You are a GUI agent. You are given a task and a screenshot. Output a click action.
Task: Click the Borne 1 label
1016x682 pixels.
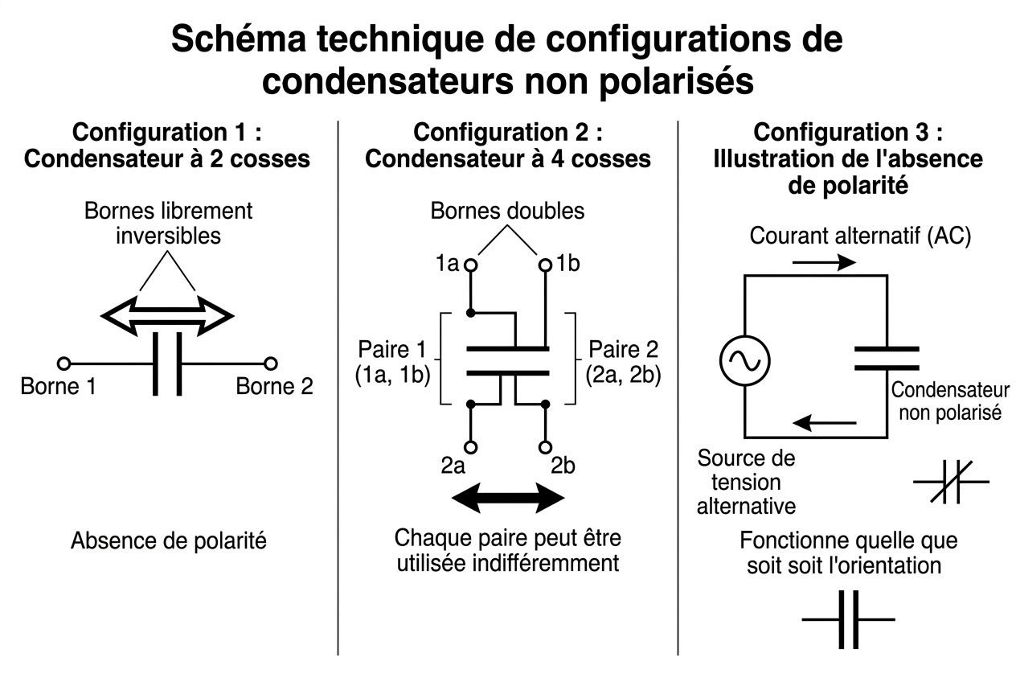pyautogui.click(x=58, y=387)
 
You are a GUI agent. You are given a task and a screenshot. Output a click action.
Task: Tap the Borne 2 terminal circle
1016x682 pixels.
pyautogui.click(x=271, y=363)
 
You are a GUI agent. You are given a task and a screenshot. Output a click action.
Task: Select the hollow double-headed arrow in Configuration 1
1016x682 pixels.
pyautogui.click(x=167, y=315)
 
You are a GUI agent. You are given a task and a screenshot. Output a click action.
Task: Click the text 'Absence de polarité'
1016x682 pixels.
pyautogui.click(x=168, y=541)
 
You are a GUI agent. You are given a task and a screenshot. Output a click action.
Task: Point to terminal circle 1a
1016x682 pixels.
pyautogui.click(x=471, y=264)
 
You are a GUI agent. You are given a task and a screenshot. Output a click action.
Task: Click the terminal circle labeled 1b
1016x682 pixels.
pyautogui.click(x=545, y=264)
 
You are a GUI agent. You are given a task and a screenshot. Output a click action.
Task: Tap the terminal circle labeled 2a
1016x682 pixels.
pyautogui.click(x=471, y=446)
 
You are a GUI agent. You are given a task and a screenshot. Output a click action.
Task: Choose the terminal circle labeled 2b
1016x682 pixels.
pyautogui.click(x=545, y=446)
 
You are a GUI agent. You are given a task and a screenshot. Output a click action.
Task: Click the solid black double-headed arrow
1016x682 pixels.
pyautogui.click(x=508, y=498)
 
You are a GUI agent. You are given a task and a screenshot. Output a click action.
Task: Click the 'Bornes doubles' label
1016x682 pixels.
pyautogui.click(x=507, y=212)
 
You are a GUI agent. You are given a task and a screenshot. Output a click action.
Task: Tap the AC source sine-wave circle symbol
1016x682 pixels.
pyautogui.click(x=744, y=359)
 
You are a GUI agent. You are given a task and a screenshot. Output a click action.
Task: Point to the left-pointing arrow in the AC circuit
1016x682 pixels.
pyautogui.click(x=825, y=421)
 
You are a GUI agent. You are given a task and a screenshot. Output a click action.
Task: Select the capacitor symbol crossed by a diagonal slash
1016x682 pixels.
pyautogui.click(x=952, y=482)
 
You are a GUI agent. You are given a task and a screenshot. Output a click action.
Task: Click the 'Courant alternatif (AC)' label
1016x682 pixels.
pyautogui.click(x=860, y=236)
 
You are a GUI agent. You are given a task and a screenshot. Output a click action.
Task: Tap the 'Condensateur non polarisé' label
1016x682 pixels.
pyautogui.click(x=950, y=401)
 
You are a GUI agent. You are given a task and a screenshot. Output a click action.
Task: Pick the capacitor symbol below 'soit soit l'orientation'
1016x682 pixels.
pyautogui.click(x=849, y=619)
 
